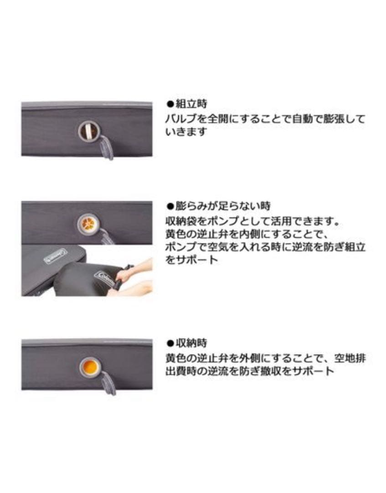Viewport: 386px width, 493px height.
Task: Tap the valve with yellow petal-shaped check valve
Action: (x=87, y=223)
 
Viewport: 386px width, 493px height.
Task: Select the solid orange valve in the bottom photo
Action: (x=90, y=367)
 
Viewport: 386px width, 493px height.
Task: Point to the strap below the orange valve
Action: (x=109, y=383)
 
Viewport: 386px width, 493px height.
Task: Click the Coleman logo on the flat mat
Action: (x=55, y=257)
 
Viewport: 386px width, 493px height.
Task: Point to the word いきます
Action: (x=186, y=132)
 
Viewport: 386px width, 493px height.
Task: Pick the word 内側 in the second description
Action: (x=257, y=235)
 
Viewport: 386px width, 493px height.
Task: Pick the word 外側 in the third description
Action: (x=257, y=358)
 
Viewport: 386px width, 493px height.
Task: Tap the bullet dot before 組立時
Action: (x=169, y=104)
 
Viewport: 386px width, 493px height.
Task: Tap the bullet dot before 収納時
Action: (x=169, y=343)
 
